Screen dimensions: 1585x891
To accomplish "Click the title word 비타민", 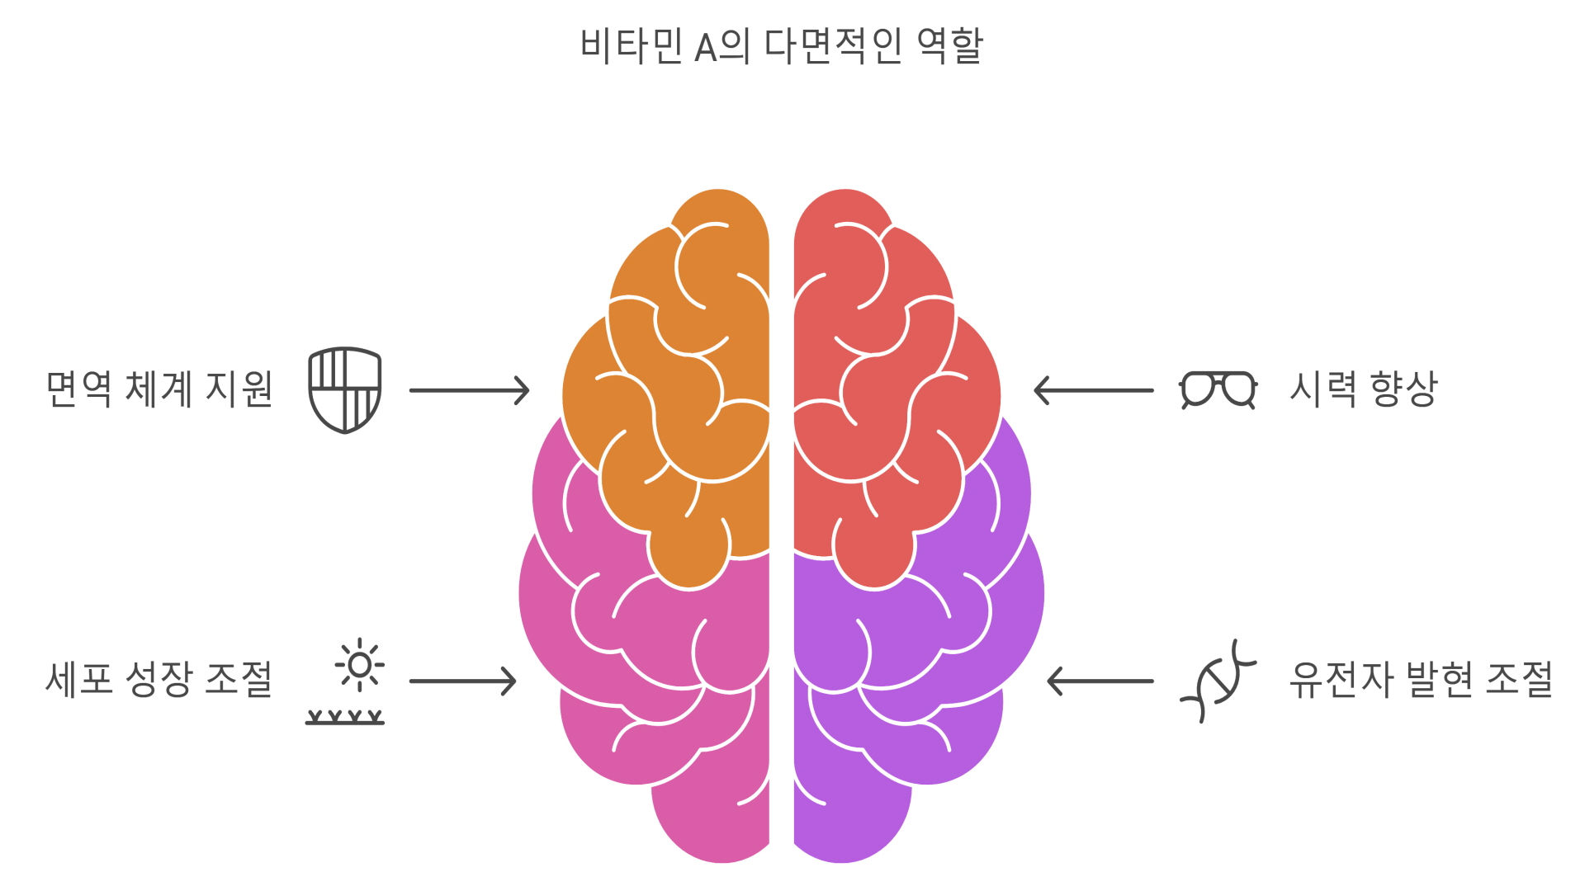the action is (x=631, y=45).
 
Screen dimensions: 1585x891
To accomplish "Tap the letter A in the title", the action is (x=705, y=47).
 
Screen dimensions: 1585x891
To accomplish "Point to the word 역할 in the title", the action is (x=950, y=45).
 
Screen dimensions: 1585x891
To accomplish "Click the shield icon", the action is (x=344, y=390).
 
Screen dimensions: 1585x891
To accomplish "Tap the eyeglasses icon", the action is (x=1218, y=389).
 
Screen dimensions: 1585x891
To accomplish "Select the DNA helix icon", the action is (x=1217, y=681).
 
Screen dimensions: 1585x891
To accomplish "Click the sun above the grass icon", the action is (x=359, y=665).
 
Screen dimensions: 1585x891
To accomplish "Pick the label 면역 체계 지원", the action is (x=159, y=389).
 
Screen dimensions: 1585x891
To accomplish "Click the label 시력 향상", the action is (x=1363, y=389).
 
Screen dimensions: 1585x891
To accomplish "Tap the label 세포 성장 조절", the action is (x=159, y=680).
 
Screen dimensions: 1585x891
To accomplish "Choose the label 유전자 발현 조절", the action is (x=1421, y=680).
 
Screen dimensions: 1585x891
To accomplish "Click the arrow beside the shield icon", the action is (x=469, y=390).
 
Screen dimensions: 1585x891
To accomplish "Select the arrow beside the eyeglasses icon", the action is (x=1093, y=390).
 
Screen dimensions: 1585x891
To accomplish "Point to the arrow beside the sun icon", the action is (x=462, y=681).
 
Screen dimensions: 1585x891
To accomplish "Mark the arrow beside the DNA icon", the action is (x=1100, y=681).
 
